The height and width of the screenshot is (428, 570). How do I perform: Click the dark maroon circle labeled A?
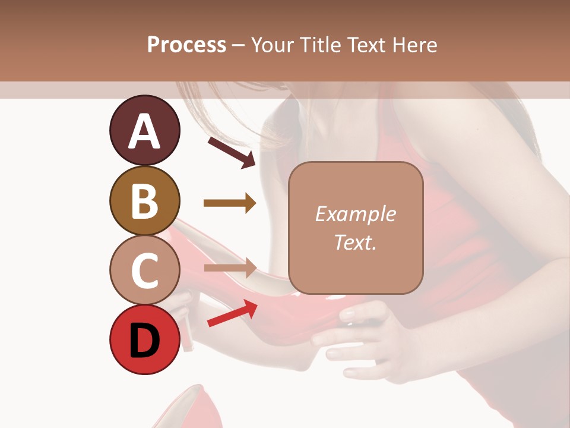[x=144, y=131]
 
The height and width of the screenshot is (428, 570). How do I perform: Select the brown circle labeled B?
[x=144, y=200]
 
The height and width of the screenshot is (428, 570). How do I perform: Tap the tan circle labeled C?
[x=144, y=270]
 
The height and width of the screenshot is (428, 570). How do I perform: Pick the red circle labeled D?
[x=144, y=339]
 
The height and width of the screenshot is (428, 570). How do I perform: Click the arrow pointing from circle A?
[x=232, y=152]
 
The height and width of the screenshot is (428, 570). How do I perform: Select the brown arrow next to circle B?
[x=230, y=203]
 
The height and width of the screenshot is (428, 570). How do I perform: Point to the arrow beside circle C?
[x=230, y=268]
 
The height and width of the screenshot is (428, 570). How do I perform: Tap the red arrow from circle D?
[x=232, y=313]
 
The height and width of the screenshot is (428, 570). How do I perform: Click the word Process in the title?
[x=186, y=45]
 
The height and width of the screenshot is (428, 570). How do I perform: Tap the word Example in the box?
[x=355, y=214]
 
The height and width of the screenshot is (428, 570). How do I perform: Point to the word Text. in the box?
[x=355, y=242]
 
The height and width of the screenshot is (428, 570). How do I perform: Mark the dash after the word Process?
[x=239, y=45]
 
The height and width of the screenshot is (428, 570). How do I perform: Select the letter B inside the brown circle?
[x=144, y=200]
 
